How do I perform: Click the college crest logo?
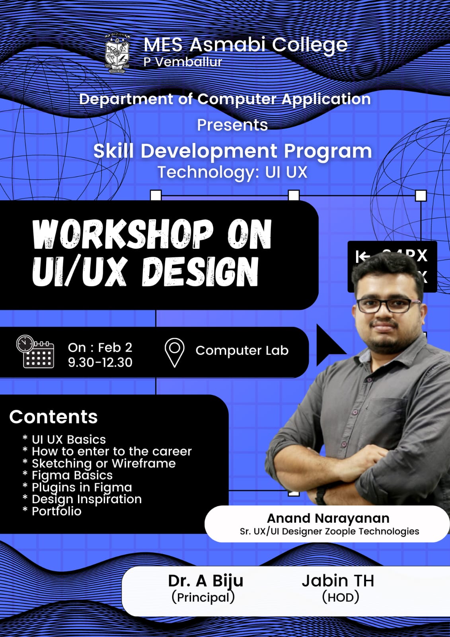[x=117, y=53]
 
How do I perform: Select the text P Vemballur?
[x=183, y=62]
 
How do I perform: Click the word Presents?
[x=232, y=125]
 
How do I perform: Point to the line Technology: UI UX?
[x=232, y=172]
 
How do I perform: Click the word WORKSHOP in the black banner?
[x=123, y=234]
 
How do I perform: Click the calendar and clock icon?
[x=35, y=352]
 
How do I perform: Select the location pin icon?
[x=175, y=353]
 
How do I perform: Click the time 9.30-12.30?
[x=100, y=362]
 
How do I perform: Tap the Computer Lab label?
[x=242, y=350]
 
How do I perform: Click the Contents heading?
[x=53, y=417]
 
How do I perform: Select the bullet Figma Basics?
[x=72, y=475]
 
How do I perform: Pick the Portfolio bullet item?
[x=56, y=511]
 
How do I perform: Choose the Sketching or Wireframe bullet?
[x=104, y=463]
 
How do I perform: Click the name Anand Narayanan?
[x=328, y=518]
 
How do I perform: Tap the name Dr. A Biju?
[x=206, y=581]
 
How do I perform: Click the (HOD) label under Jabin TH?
[x=341, y=597]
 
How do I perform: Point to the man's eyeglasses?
[x=388, y=305]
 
